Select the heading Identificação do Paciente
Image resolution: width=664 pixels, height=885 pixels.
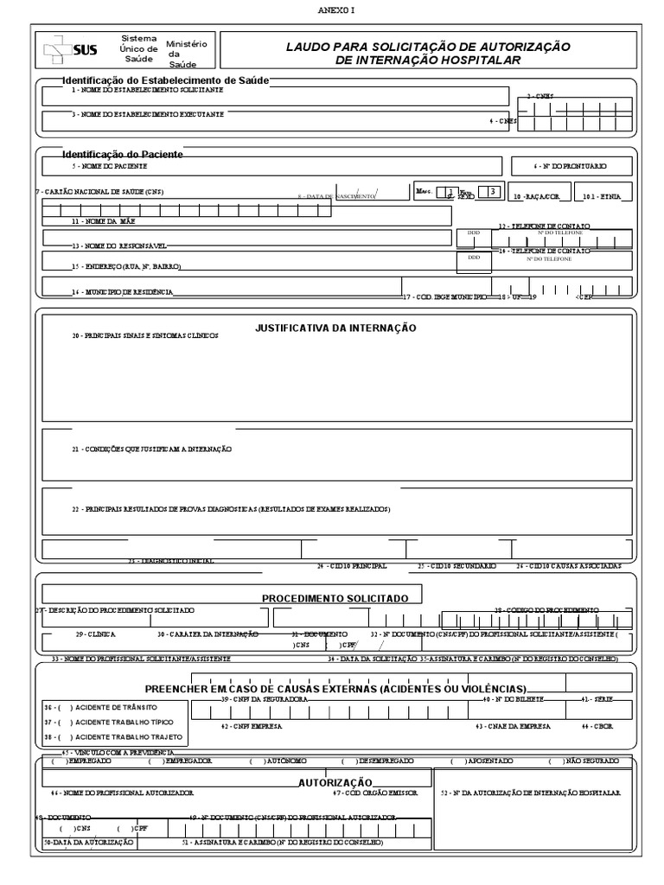pyautogui.click(x=122, y=153)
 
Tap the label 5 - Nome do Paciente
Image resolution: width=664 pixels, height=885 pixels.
pyautogui.click(x=109, y=165)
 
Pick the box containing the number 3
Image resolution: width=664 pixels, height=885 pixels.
pyautogui.click(x=493, y=192)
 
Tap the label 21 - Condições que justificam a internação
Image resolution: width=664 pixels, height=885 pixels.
pyautogui.click(x=152, y=449)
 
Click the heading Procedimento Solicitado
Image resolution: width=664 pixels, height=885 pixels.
pyautogui.click(x=342, y=598)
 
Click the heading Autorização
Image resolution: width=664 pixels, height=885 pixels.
pyautogui.click(x=329, y=780)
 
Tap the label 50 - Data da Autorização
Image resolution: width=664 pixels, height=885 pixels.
pyautogui.click(x=88, y=841)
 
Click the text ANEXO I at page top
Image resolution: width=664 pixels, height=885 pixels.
pyautogui.click(x=332, y=10)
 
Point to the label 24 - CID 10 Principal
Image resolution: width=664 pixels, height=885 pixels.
pyautogui.click(x=351, y=566)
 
